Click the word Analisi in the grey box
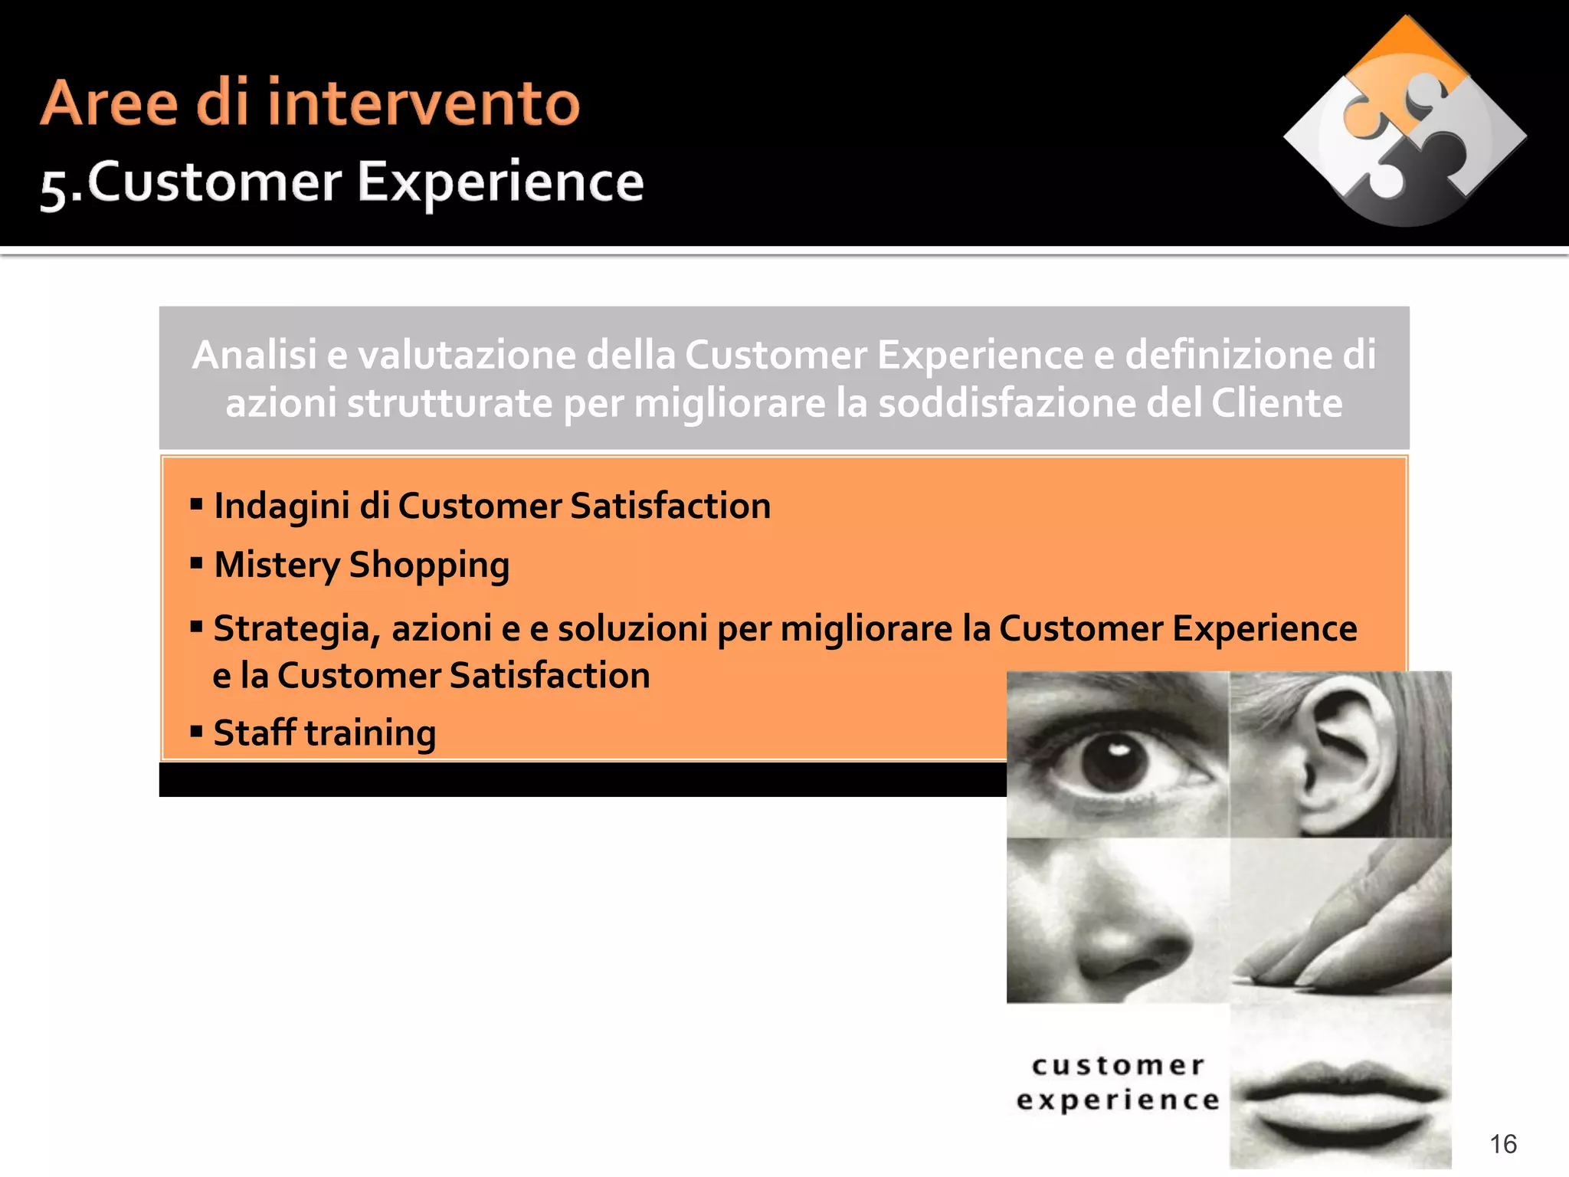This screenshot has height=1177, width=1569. [254, 355]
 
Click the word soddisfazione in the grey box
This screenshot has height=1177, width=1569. [1005, 403]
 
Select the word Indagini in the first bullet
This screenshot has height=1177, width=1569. [281, 507]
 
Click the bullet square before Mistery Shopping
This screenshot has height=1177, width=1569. [197, 564]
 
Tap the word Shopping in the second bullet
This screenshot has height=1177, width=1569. [429, 566]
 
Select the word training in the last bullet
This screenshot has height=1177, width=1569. [370, 734]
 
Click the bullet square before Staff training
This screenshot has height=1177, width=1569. [197, 732]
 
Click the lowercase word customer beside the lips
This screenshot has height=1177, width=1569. [1118, 1066]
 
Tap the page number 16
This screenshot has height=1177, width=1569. [1503, 1144]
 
